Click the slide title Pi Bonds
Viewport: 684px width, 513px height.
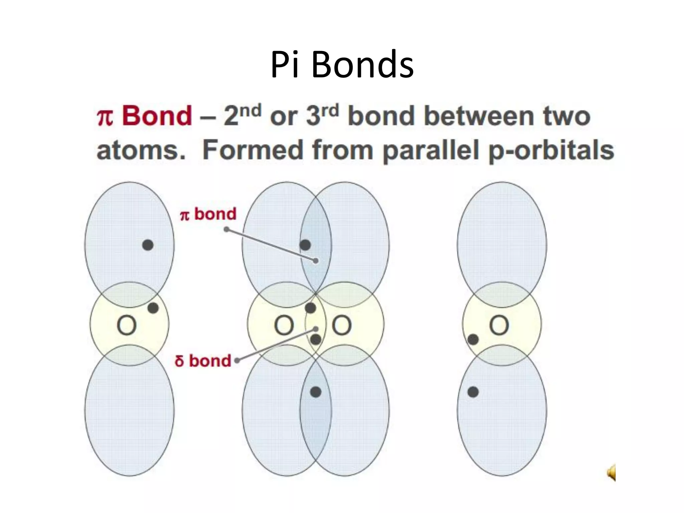pyautogui.click(x=342, y=64)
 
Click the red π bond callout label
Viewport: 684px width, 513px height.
pyautogui.click(x=208, y=214)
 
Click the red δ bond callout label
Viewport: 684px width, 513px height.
pyautogui.click(x=203, y=361)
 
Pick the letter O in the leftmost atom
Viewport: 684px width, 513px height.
pyautogui.click(x=127, y=325)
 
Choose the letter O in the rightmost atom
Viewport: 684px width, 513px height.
pyautogui.click(x=499, y=325)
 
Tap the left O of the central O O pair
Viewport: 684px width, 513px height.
pyautogui.click(x=284, y=325)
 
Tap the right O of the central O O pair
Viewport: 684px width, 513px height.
pyautogui.click(x=342, y=325)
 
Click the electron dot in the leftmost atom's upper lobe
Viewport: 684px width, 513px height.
pyautogui.click(x=148, y=245)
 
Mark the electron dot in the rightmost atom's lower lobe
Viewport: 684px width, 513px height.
pyautogui.click(x=473, y=392)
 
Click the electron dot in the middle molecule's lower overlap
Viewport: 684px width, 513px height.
pyautogui.click(x=316, y=392)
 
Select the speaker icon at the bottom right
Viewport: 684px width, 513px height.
pyautogui.click(x=611, y=473)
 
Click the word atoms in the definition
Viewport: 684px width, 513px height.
pyautogui.click(x=140, y=150)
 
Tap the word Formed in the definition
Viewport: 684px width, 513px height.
pyautogui.click(x=254, y=150)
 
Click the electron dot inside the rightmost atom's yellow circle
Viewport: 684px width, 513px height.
pyautogui.click(x=473, y=340)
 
